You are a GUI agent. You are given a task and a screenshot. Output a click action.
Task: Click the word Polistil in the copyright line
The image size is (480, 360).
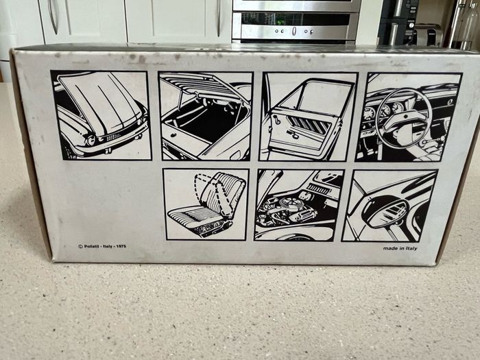[93, 246]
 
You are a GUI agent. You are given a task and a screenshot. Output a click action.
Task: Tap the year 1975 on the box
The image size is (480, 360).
[120, 246]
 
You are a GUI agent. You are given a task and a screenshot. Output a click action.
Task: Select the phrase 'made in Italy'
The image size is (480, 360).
[400, 248]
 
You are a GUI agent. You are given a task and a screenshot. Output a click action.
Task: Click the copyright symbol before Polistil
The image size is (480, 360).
[80, 246]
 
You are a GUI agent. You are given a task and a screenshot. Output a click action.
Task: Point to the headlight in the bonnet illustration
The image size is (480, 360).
[91, 141]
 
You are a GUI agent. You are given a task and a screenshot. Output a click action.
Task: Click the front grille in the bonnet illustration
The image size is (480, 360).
[114, 136]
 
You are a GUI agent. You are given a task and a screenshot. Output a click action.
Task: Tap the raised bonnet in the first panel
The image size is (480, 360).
[100, 100]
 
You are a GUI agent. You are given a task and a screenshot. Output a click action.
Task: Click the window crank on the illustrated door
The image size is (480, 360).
[276, 119]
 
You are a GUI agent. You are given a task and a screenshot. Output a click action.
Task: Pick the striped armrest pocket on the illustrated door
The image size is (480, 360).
[310, 125]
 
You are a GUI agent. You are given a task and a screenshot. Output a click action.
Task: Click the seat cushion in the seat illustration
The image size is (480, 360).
[196, 219]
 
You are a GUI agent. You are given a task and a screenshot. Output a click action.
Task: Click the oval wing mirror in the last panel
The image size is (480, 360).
[385, 211]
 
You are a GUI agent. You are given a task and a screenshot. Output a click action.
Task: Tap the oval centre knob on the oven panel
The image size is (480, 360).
[294, 31]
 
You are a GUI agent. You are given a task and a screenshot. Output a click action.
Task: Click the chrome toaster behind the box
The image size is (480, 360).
[428, 35]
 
